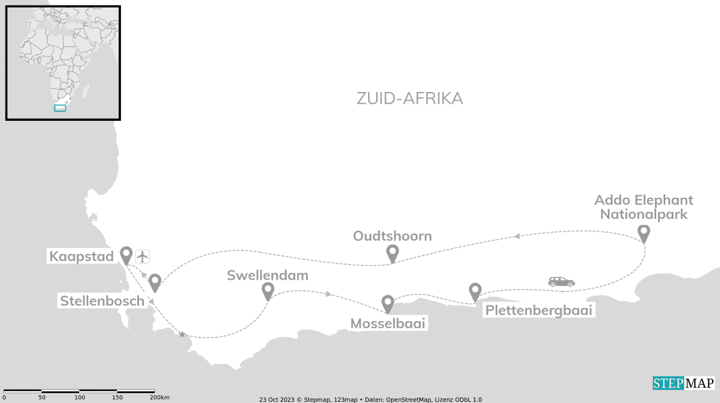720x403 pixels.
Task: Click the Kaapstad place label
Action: [x=81, y=257]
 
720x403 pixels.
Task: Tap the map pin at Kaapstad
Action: [x=126, y=254]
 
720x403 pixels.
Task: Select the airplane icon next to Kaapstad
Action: [x=143, y=256]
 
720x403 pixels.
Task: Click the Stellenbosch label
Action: [x=102, y=301]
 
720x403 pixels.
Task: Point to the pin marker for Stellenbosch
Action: [x=155, y=282]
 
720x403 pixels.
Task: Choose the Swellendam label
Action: [x=267, y=275]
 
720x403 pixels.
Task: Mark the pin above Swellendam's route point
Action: [x=268, y=290]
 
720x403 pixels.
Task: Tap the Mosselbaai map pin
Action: [x=388, y=304]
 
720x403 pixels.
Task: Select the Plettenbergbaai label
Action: [x=538, y=310]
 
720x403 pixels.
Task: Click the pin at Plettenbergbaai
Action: [x=475, y=291]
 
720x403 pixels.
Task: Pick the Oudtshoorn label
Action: [x=393, y=236]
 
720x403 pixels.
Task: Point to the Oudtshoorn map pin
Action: [x=393, y=253]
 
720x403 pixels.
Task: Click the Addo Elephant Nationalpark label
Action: [x=644, y=207]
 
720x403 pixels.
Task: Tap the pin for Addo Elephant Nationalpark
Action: [x=644, y=233]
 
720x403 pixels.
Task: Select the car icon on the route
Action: [x=561, y=282]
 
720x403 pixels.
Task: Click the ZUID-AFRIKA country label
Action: [x=409, y=98]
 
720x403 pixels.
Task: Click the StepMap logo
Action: [x=683, y=383]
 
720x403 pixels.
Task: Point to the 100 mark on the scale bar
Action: [x=80, y=397]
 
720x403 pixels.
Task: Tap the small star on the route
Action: [x=182, y=335]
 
